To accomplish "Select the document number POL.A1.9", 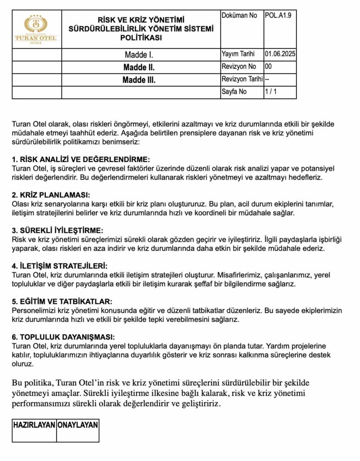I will (x=279, y=16).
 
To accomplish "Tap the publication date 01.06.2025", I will (x=280, y=54).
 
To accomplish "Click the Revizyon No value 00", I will (x=269, y=67).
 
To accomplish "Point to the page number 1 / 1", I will (x=271, y=92).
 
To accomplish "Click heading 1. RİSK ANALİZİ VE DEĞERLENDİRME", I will (x=81, y=160).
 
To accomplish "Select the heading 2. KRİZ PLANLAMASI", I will (x=51, y=195).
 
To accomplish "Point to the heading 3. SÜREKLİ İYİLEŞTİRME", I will (x=58, y=230).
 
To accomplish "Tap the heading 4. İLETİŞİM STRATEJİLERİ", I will (x=60, y=266).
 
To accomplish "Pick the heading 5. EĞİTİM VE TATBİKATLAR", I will (x=62, y=301).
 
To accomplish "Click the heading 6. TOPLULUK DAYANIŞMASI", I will (x=63, y=337).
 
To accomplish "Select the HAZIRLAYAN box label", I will (x=34, y=425).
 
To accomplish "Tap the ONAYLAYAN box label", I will (x=77, y=425).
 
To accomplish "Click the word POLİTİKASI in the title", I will (x=141, y=38).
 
